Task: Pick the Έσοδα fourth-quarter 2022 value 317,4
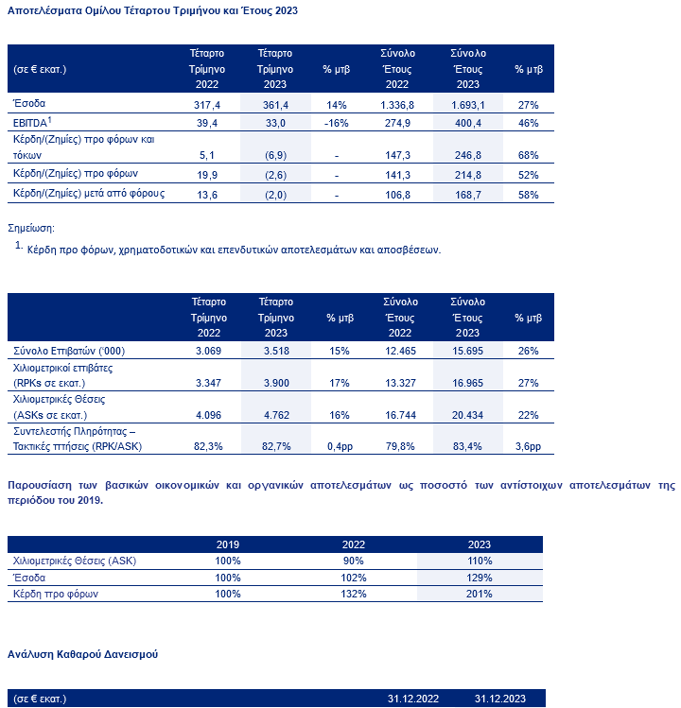click(x=207, y=103)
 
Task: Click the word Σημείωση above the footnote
click(x=31, y=229)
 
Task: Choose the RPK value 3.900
click(x=275, y=383)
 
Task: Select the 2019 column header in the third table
click(x=228, y=544)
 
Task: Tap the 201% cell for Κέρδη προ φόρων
click(x=480, y=594)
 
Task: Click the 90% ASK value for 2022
click(x=354, y=561)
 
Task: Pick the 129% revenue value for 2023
click(x=480, y=577)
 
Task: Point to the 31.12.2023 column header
click(x=501, y=699)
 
